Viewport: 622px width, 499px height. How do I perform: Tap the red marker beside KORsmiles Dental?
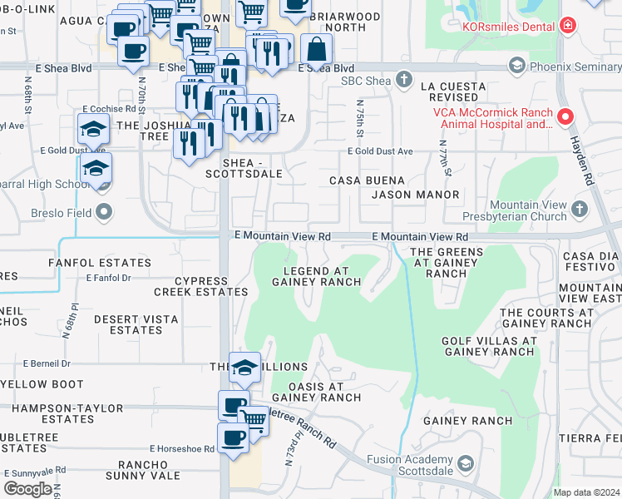[568, 26]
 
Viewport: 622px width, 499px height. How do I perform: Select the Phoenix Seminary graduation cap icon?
[516, 65]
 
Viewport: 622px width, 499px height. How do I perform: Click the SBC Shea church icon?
[404, 80]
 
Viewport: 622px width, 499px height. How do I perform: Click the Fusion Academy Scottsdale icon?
[466, 464]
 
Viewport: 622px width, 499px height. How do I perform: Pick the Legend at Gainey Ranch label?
[316, 276]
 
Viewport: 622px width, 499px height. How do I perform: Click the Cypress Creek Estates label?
[200, 287]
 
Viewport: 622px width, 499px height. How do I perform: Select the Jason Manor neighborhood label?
[415, 195]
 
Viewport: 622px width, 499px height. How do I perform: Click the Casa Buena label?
[367, 180]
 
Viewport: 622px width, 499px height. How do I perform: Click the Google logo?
[27, 488]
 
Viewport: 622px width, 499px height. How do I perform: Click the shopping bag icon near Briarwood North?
[316, 49]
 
